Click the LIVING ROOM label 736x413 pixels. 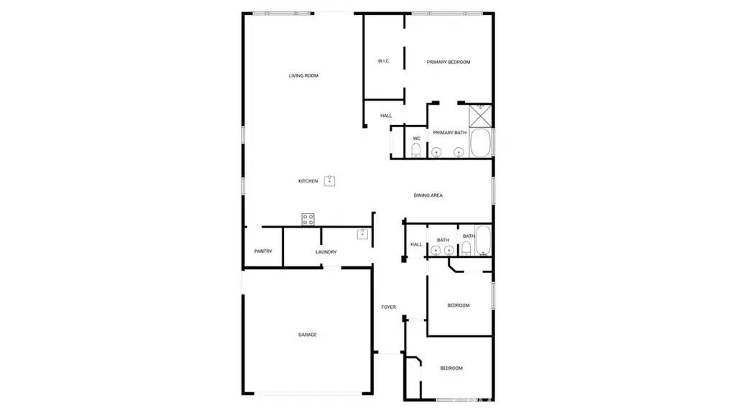(x=303, y=75)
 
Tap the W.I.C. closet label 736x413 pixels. (x=384, y=61)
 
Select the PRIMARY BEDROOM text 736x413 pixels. (x=448, y=62)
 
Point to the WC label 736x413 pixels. (x=416, y=138)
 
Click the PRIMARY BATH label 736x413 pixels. (x=450, y=133)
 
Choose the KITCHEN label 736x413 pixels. (x=308, y=181)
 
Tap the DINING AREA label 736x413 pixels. (x=428, y=195)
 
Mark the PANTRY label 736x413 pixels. (x=263, y=251)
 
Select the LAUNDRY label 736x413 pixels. (x=326, y=252)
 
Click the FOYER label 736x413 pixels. (x=388, y=307)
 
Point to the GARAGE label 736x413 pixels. (x=308, y=335)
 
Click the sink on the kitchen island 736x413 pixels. (x=330, y=180)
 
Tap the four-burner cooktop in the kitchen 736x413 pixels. (x=308, y=220)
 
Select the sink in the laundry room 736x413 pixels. (x=363, y=234)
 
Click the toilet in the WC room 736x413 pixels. (x=416, y=150)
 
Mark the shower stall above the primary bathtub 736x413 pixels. (x=480, y=115)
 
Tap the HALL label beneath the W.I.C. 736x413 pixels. (x=386, y=116)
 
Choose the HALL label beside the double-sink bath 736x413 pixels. (x=415, y=244)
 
